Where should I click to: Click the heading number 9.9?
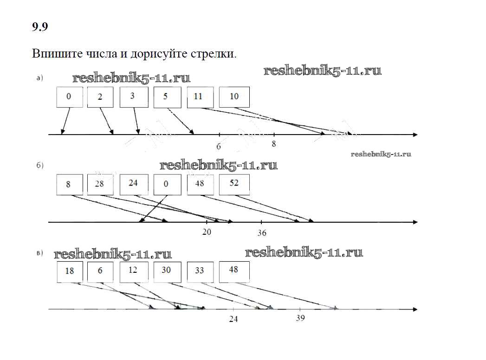(x=40, y=27)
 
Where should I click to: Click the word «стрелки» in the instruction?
(x=213, y=54)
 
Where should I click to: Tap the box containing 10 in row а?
(x=234, y=97)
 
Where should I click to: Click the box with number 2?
(x=100, y=97)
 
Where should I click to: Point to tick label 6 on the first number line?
(x=219, y=147)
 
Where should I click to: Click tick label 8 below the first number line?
(x=274, y=144)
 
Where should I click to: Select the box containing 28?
(x=100, y=184)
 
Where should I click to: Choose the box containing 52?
(x=234, y=184)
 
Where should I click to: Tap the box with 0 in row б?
(x=167, y=184)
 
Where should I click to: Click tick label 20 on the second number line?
(x=207, y=232)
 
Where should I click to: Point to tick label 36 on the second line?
(x=262, y=233)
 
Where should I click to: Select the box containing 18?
(x=70, y=271)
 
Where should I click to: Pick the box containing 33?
(x=200, y=271)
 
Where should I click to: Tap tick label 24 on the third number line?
(x=233, y=319)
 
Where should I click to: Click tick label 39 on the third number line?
(x=300, y=319)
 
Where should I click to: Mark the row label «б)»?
(x=40, y=166)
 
